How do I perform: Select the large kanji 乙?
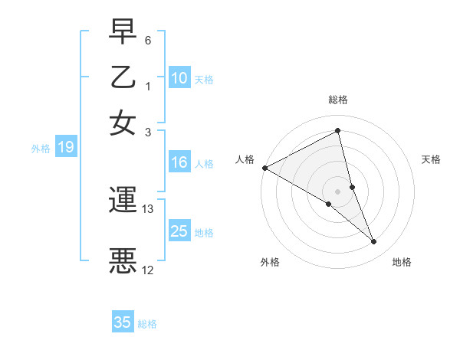123,79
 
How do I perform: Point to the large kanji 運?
123,201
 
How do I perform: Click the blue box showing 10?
179,78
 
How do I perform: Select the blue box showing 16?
179,162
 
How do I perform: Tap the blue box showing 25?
179,232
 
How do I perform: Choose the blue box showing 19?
66,148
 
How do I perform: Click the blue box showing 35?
123,322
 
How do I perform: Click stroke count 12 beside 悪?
148,270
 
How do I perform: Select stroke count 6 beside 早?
148,40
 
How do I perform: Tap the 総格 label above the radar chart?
338,100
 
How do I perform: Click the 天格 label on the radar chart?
431,159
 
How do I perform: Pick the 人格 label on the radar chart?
245,159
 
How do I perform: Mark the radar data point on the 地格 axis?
374,242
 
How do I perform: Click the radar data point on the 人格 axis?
264,167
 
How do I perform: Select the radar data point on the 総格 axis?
338,131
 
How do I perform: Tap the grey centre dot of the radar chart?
338,191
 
